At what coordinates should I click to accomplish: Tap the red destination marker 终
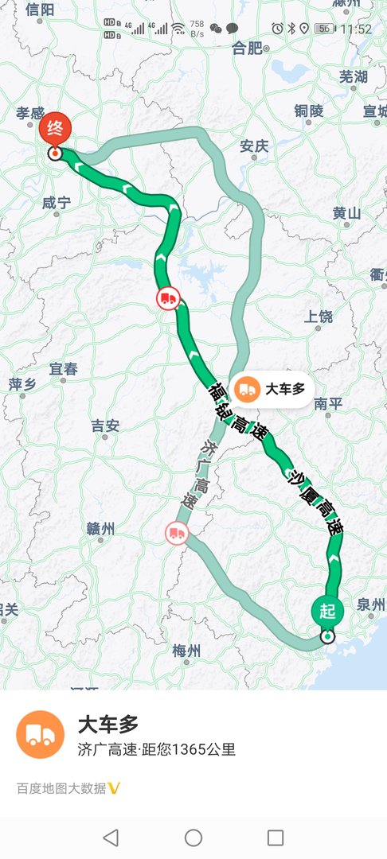[x=55, y=129]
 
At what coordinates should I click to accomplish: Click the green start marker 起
[x=327, y=611]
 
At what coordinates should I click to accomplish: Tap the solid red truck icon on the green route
[x=168, y=298]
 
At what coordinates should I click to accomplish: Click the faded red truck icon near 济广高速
[x=177, y=533]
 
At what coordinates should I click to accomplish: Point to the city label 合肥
[x=246, y=49]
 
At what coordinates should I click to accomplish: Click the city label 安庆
[x=255, y=146]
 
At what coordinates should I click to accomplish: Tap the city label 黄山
[x=346, y=213]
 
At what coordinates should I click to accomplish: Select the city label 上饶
[x=319, y=317]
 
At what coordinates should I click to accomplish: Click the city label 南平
[x=327, y=403]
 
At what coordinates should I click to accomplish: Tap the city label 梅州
[x=187, y=651]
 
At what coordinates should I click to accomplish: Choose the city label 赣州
[x=101, y=529]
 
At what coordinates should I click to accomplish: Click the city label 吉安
[x=105, y=426]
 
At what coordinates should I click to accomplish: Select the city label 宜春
[x=64, y=369]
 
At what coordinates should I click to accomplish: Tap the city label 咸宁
[x=57, y=204]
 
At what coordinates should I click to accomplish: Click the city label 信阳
[x=40, y=10]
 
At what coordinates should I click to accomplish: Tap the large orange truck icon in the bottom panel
[x=40, y=734]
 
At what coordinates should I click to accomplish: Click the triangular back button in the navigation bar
[x=111, y=837]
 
